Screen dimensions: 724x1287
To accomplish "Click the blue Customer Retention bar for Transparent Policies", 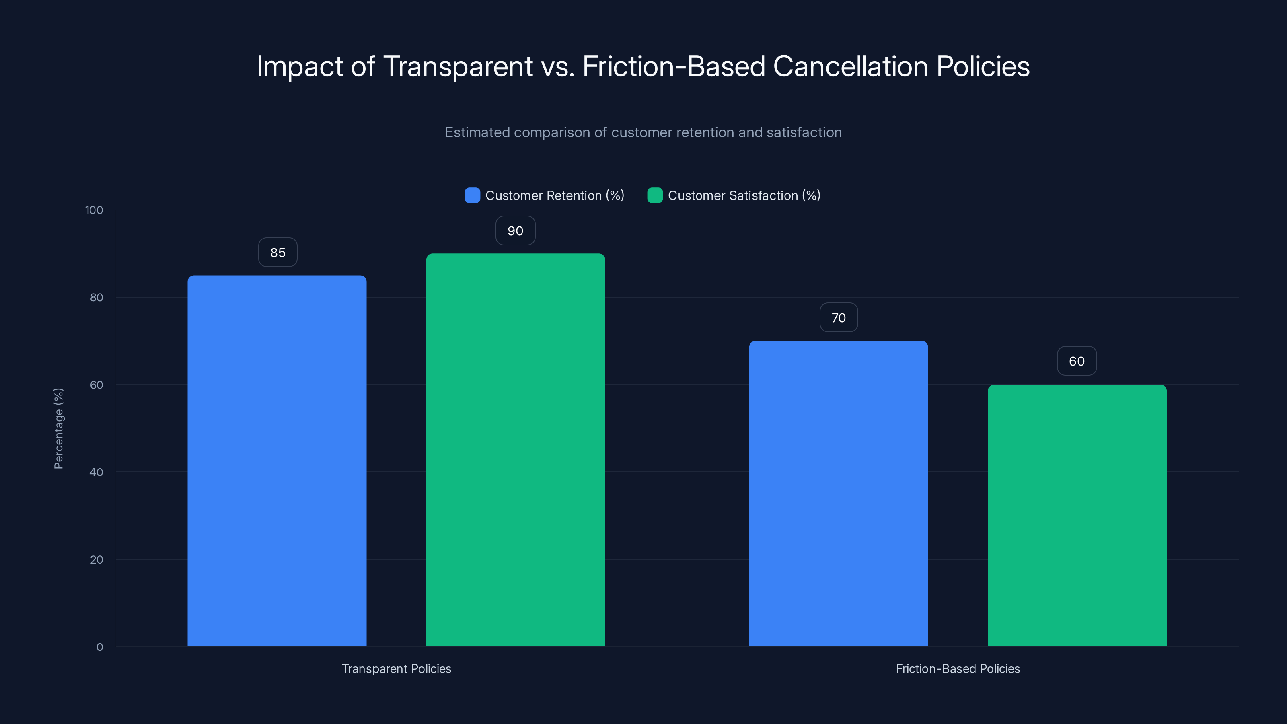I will pos(277,460).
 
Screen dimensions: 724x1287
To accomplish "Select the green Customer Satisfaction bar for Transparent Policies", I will pos(515,450).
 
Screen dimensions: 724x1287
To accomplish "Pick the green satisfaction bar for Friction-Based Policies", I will pos(1077,515).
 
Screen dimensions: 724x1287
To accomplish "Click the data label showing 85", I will pos(278,252).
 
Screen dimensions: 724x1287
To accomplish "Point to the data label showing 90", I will pos(515,231).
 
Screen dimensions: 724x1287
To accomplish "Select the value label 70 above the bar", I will pos(838,318).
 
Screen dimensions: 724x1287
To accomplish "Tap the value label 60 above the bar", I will pos(1077,361).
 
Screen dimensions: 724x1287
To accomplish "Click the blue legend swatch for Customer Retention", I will pos(472,195).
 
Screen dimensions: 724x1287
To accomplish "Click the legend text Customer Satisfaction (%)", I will pos(744,195).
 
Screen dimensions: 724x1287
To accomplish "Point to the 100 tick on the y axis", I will pos(94,210).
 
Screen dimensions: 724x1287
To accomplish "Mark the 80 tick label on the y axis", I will pos(97,297).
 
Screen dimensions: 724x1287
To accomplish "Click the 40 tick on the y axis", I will pos(97,472).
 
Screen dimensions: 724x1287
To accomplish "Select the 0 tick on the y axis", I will pos(100,647).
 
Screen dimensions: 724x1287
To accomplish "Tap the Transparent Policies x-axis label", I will pos(396,668).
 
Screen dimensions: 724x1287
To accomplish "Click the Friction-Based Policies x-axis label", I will pos(957,668).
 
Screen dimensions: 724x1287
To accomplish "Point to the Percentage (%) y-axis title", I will pos(58,428).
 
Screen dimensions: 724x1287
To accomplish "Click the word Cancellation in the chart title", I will pos(850,66).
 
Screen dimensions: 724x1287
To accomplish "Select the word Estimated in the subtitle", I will pos(477,132).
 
